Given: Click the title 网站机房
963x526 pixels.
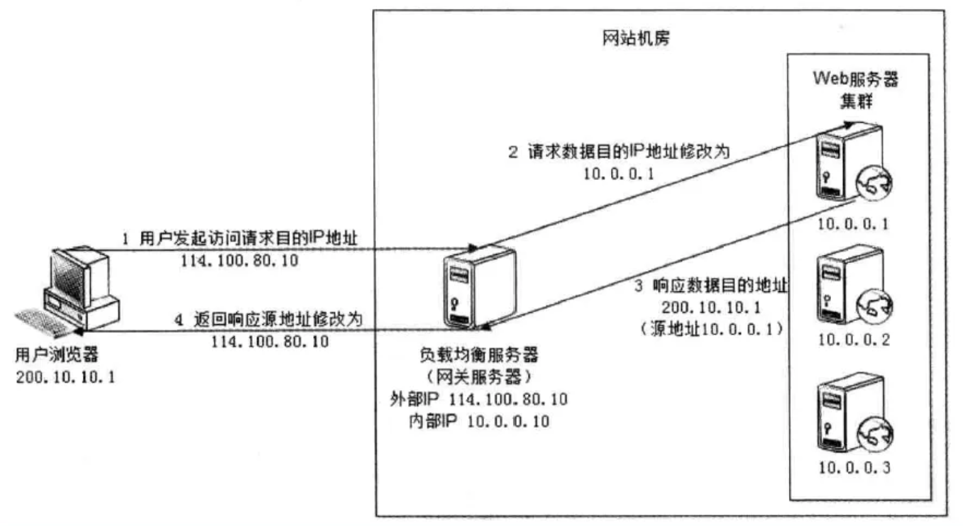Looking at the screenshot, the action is click(636, 39).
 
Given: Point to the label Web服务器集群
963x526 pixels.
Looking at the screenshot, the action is click(856, 89).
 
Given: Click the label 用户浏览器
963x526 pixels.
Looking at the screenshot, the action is click(57, 355).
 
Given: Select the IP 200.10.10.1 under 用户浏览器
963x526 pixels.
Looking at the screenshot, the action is click(65, 378).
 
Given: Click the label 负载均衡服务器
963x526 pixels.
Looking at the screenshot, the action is click(479, 355).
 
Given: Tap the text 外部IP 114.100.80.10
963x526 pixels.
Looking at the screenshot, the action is click(478, 400).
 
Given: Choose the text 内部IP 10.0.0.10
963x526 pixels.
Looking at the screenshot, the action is click(478, 422).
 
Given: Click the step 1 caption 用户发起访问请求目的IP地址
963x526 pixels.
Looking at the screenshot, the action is click(240, 238).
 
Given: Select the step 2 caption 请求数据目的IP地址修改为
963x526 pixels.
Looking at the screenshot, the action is click(619, 152).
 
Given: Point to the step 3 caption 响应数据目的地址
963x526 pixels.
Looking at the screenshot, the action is click(711, 286).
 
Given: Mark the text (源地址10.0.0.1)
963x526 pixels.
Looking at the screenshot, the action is click(711, 329).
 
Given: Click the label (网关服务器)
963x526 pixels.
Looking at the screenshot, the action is click(479, 377).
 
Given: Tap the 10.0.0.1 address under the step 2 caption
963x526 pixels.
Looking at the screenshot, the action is click(619, 174).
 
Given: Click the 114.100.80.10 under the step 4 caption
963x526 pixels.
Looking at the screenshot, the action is click(270, 342).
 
